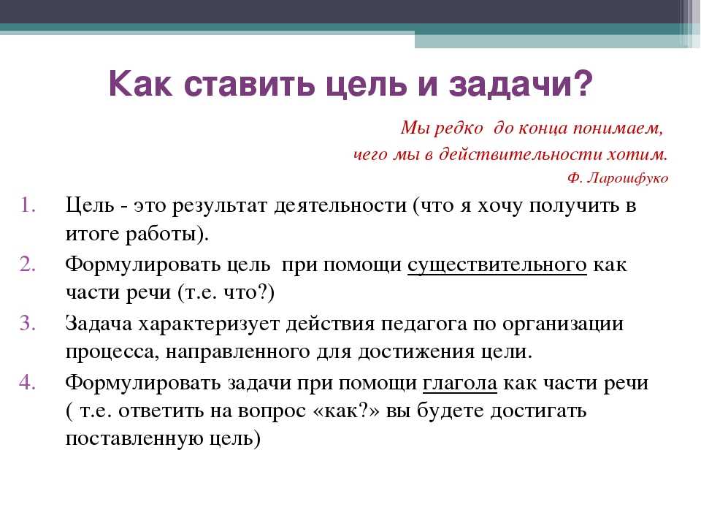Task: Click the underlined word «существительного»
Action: point(497,264)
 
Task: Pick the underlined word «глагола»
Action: point(459,384)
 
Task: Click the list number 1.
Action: point(28,205)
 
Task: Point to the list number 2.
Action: point(28,264)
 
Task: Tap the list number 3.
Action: point(28,324)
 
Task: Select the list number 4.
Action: point(27,383)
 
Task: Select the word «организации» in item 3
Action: point(562,324)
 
